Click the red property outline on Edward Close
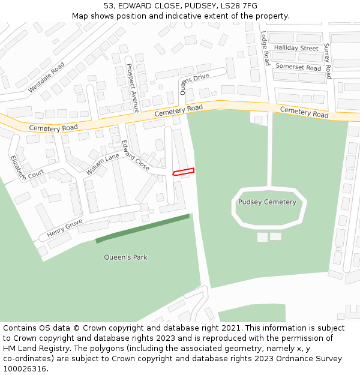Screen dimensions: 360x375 [x=184, y=172]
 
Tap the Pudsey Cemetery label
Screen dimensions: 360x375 [x=267, y=202]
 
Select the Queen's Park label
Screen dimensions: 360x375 [x=125, y=257]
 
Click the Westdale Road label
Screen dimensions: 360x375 [x=46, y=77]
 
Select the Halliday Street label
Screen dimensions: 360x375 [x=296, y=48]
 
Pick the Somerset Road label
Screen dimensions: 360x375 [x=298, y=68]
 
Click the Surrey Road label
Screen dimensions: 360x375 [x=328, y=61]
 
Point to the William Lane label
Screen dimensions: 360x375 [x=103, y=164]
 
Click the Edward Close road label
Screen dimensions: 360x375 [x=135, y=155]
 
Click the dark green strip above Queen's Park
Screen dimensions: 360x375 [x=142, y=229]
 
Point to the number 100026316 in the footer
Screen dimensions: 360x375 [x=23, y=368]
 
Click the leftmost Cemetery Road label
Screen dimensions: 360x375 [x=53, y=128]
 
